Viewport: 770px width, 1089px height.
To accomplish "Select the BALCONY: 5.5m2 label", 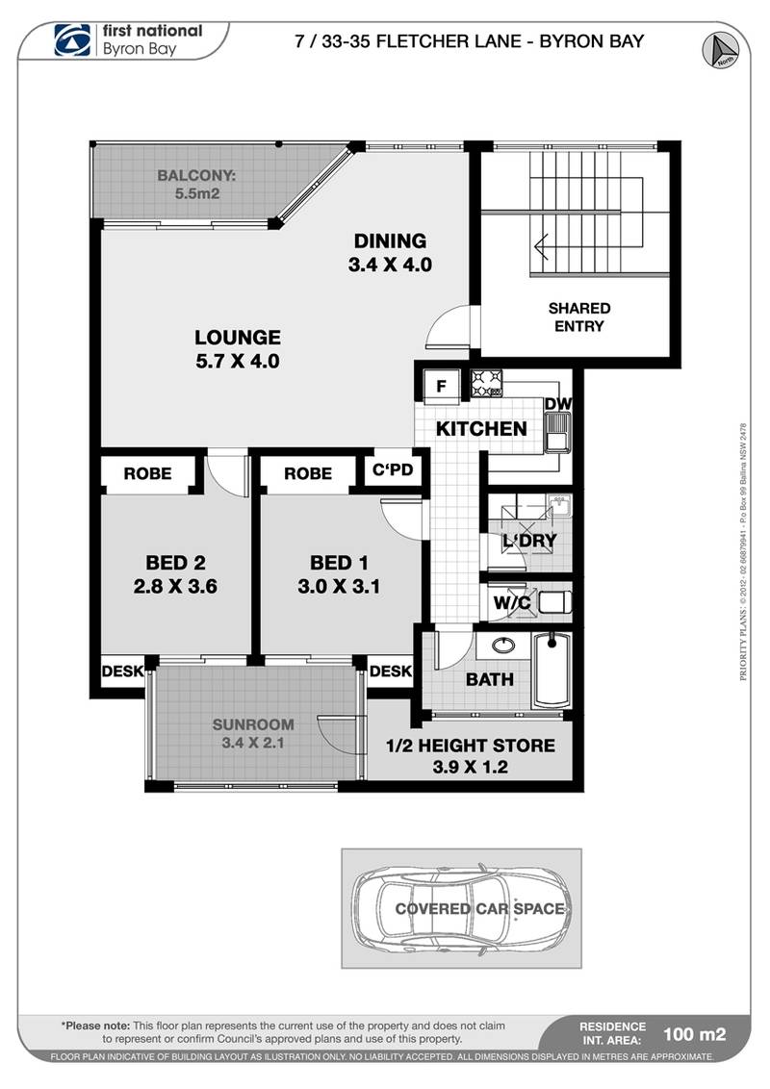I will tap(197, 184).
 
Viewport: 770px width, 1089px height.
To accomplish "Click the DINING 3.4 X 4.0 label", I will tap(389, 251).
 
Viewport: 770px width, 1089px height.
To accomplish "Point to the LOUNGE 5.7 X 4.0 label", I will tap(238, 348).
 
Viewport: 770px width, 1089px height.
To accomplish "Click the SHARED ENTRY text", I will tap(579, 317).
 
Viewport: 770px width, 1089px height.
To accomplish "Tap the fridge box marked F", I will tap(441, 387).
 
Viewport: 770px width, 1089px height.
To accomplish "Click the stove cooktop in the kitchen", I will tap(487, 385).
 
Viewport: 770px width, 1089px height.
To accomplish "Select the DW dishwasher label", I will tap(557, 404).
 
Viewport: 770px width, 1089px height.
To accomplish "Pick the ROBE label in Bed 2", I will tap(148, 473).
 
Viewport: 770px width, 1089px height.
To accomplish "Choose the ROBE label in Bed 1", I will tap(308, 473).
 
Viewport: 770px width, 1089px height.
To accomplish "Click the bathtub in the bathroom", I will tap(552, 670).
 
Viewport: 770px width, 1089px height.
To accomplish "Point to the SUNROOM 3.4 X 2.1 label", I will tap(255, 733).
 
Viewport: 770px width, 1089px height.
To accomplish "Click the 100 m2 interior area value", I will tap(694, 1035).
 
